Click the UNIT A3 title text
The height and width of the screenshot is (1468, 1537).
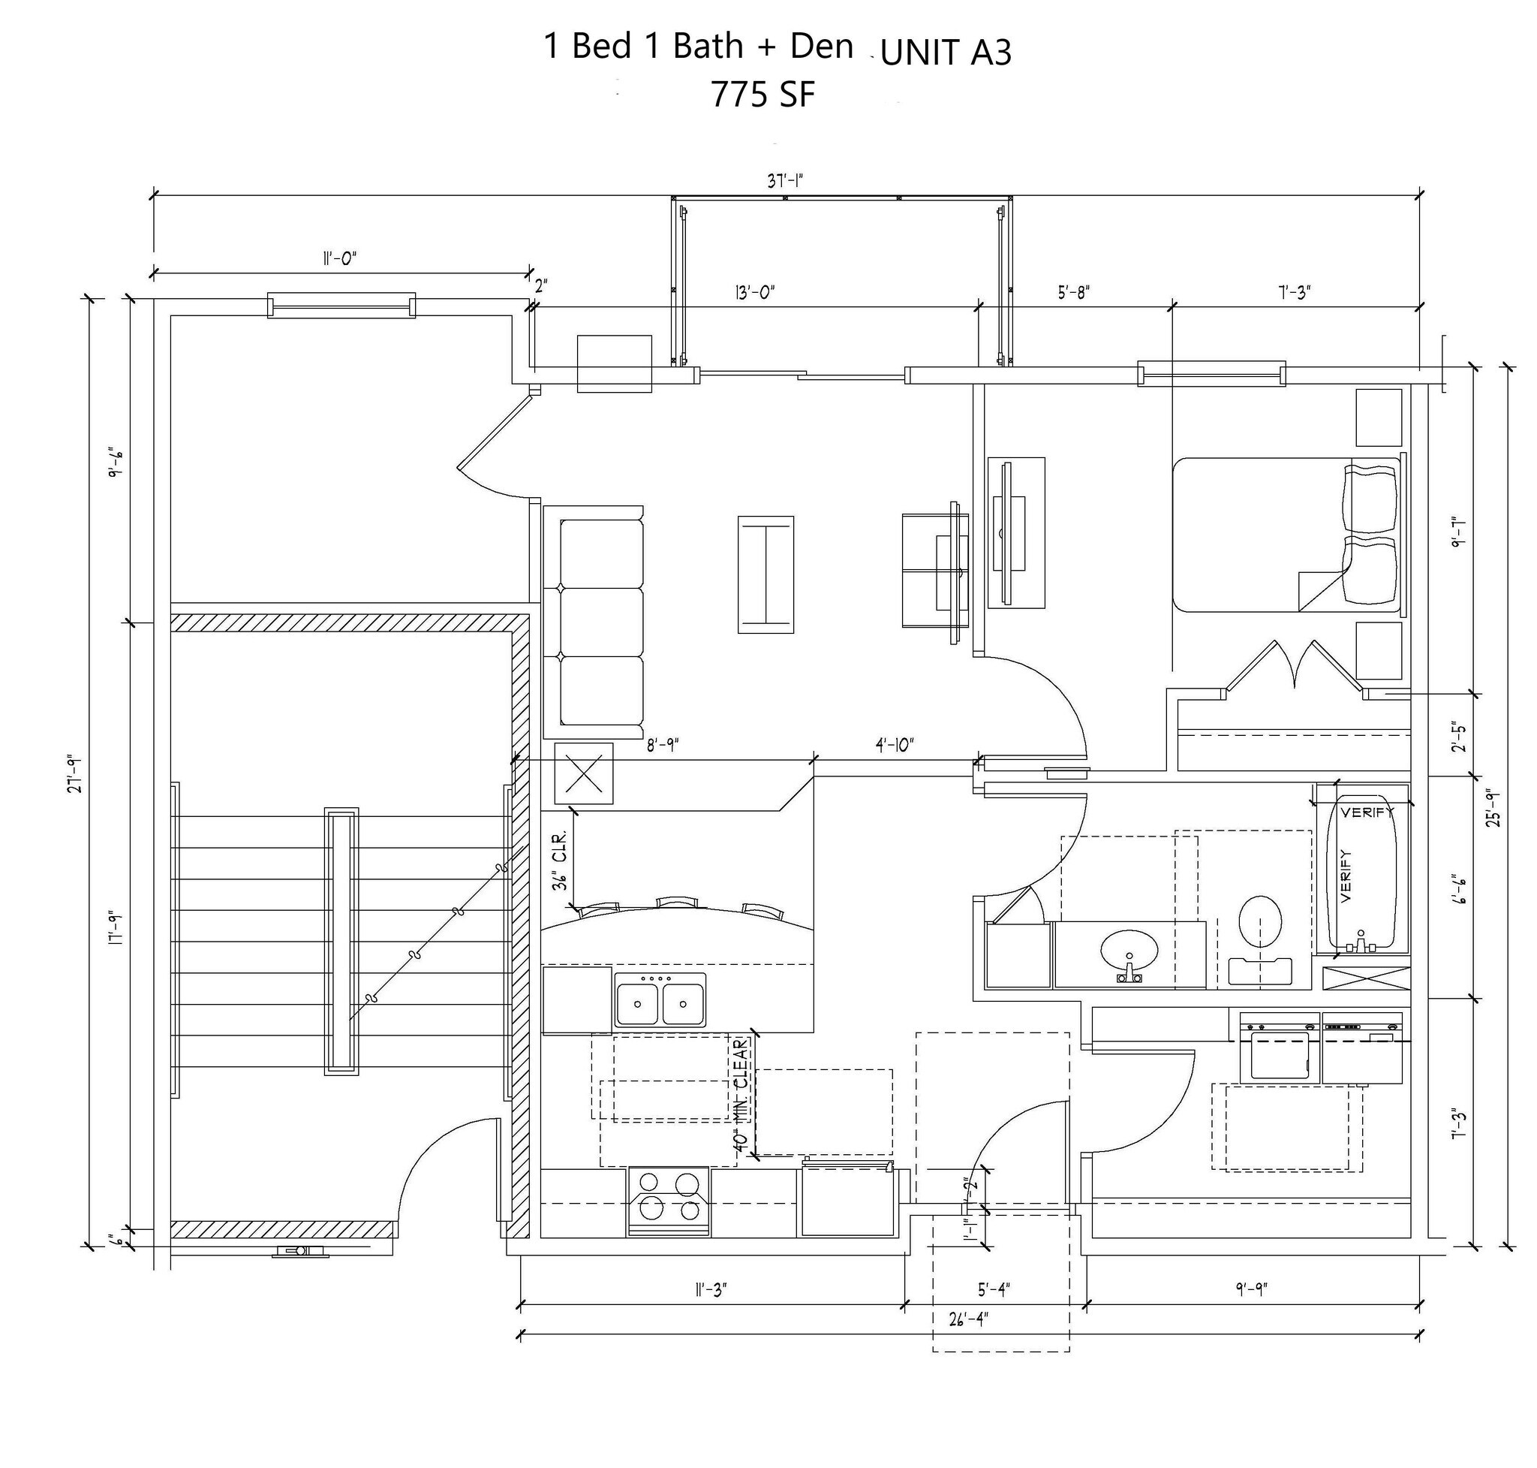[945, 53]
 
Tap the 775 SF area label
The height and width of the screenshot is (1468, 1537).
[762, 95]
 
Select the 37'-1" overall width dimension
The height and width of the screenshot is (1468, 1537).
[784, 182]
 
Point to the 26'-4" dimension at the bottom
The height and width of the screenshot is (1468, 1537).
[968, 1319]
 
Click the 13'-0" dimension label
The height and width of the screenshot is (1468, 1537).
[754, 293]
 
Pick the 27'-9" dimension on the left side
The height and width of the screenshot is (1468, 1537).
[75, 775]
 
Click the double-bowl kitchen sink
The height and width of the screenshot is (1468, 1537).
[660, 1001]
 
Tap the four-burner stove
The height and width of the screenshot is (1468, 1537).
[669, 1201]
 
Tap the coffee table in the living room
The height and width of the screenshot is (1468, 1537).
[765, 574]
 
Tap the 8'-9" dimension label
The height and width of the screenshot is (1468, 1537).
[662, 746]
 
